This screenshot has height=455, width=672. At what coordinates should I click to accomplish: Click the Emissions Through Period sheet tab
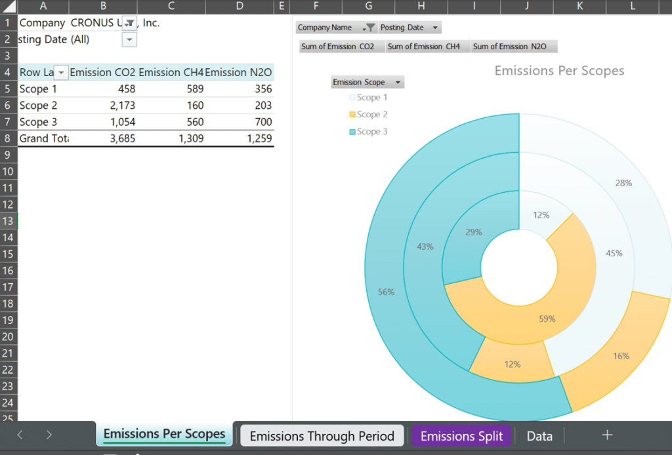pyautogui.click(x=322, y=436)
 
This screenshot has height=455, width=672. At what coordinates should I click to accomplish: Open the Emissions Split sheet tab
pyautogui.click(x=461, y=436)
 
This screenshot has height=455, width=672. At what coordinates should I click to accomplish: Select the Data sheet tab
pyautogui.click(x=539, y=436)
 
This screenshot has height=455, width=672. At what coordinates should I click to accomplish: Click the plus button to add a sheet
pyautogui.click(x=607, y=435)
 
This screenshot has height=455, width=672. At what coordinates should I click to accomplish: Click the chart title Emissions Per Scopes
pyautogui.click(x=559, y=71)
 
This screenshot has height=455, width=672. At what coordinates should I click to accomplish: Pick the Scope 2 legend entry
pyautogui.click(x=371, y=115)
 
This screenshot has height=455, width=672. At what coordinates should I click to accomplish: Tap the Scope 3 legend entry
pyautogui.click(x=371, y=132)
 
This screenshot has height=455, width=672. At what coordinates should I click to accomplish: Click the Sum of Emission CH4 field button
pyautogui.click(x=424, y=47)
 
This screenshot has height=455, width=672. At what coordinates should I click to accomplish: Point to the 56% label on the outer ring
pyautogui.click(x=386, y=292)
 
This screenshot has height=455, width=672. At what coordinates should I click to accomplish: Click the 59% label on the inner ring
pyautogui.click(x=547, y=319)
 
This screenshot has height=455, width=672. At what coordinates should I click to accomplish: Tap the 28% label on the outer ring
pyautogui.click(x=623, y=184)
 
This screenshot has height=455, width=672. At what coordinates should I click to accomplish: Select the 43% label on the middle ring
pyautogui.click(x=425, y=247)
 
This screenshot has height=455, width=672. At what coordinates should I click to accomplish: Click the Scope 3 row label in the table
pyautogui.click(x=38, y=122)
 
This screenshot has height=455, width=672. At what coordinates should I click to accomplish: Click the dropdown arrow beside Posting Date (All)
pyautogui.click(x=129, y=40)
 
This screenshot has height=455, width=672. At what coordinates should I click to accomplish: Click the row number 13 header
pyautogui.click(x=9, y=221)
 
